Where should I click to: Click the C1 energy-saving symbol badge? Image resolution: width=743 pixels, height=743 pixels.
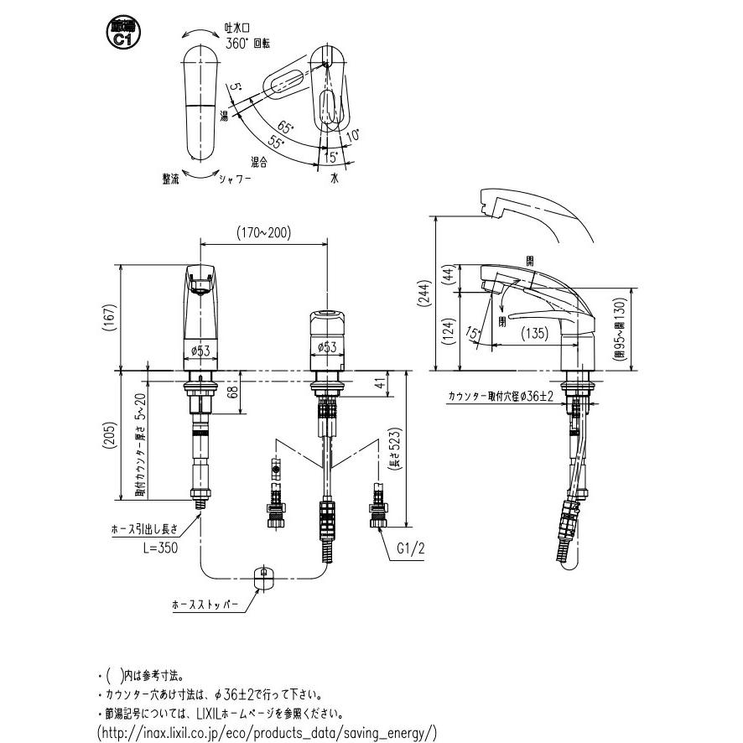coord(122,33)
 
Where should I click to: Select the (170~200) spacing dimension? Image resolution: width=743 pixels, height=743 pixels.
coord(262,234)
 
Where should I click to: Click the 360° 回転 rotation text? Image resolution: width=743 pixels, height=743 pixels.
coord(249,41)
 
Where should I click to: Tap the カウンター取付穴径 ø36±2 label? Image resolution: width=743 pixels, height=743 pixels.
coord(501,396)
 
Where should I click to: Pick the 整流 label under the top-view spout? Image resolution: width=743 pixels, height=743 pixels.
coord(171,178)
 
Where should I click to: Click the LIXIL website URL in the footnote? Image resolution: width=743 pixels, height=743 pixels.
coord(267,732)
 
